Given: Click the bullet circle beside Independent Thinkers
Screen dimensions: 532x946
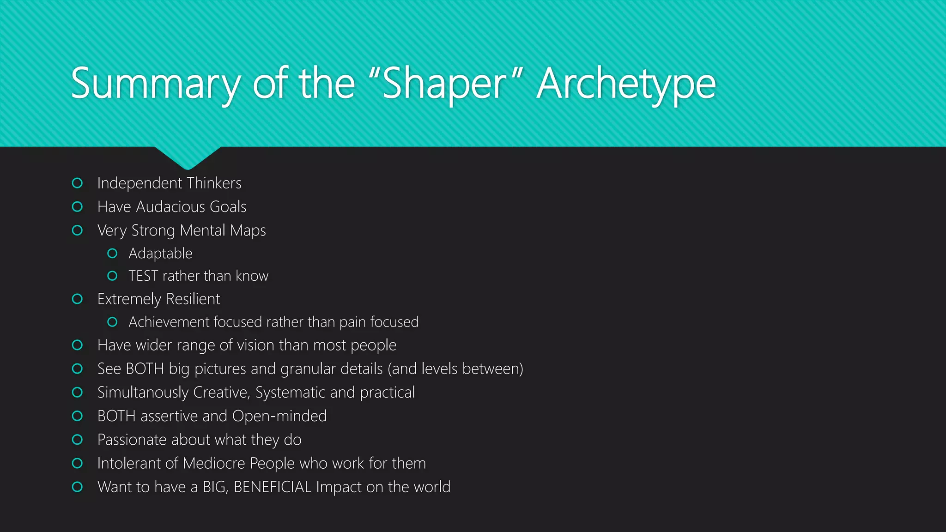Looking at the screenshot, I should point(78,183).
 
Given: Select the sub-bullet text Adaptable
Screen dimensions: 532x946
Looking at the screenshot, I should point(160,254).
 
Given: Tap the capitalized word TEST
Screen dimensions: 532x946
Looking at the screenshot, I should point(143,276).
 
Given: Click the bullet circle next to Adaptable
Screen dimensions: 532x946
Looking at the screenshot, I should point(112,254).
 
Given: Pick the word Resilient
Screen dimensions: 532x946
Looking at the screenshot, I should point(193,299).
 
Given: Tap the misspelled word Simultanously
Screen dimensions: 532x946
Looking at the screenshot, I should point(143,393).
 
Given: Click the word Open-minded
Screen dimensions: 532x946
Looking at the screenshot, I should point(279,416).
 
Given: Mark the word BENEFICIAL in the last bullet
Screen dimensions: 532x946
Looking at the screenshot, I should point(273,487).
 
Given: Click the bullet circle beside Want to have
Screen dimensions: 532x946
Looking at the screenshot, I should point(78,487).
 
